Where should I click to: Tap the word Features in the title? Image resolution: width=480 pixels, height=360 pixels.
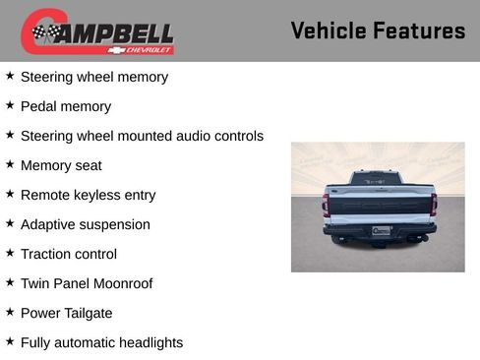[x=419, y=30]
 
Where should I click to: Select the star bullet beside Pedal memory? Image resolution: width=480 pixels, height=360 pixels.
[x=10, y=105]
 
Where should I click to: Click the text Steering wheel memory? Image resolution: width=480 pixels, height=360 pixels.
[x=93, y=77]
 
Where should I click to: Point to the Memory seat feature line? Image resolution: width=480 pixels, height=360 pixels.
[x=61, y=165]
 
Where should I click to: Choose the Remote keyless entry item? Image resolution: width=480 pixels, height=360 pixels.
[x=88, y=195]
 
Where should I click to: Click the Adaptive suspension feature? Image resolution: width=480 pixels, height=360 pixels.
[x=85, y=224]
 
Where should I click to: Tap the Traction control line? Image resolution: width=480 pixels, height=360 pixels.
[x=68, y=254]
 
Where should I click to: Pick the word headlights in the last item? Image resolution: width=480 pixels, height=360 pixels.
[x=148, y=342]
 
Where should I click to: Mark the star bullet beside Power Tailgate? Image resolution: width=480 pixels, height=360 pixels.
[x=10, y=312]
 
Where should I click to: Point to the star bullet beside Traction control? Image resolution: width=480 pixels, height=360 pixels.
[x=10, y=253]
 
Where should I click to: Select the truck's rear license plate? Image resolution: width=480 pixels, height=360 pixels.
[x=379, y=231]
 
